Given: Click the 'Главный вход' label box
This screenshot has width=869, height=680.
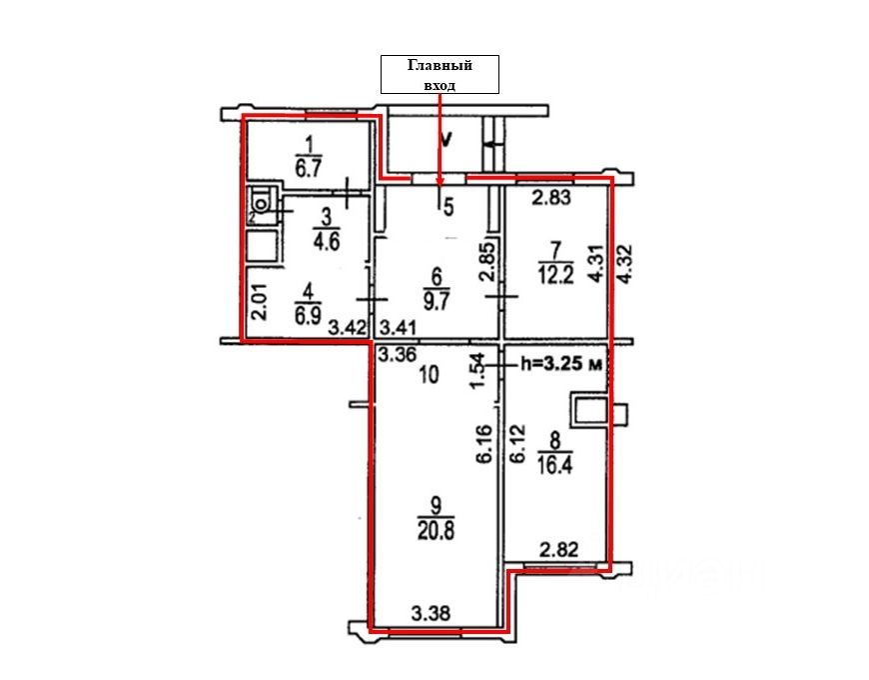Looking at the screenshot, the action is pyautogui.click(x=439, y=74).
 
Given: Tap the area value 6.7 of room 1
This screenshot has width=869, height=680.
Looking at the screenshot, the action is pyautogui.click(x=308, y=168).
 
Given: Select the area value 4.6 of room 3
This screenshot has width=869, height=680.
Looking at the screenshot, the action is pyautogui.click(x=326, y=242).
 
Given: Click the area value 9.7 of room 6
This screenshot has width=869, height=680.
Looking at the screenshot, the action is pyautogui.click(x=436, y=303).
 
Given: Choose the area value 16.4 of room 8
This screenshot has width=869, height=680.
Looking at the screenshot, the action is pyautogui.click(x=554, y=465).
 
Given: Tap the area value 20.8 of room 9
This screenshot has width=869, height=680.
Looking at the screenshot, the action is pyautogui.click(x=436, y=531).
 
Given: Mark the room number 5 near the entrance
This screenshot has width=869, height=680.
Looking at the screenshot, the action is pyautogui.click(x=448, y=207).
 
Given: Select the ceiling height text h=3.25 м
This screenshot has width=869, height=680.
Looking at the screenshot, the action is pyautogui.click(x=562, y=364).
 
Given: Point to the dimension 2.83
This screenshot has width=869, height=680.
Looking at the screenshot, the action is pyautogui.click(x=551, y=197).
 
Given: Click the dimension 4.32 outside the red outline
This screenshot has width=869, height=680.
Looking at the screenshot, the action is pyautogui.click(x=626, y=264).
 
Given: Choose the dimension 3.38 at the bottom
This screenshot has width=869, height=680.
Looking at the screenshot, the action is pyautogui.click(x=431, y=613).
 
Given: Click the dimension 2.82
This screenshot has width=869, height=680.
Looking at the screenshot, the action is pyautogui.click(x=559, y=550).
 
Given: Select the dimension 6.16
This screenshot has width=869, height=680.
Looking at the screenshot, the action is pyautogui.click(x=483, y=444).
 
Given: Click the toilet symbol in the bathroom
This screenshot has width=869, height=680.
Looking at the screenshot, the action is pyautogui.click(x=260, y=200).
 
